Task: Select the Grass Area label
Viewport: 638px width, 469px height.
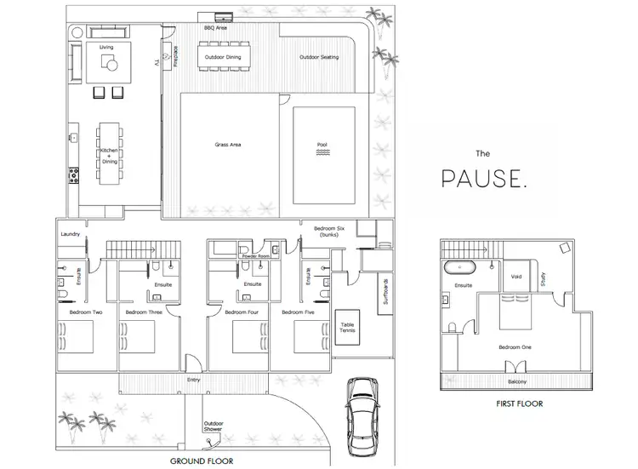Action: pyautogui.click(x=228, y=145)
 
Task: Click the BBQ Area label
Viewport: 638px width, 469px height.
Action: pyautogui.click(x=215, y=28)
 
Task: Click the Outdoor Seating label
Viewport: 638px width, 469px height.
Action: pyautogui.click(x=319, y=58)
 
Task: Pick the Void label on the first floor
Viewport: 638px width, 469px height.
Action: pyautogui.click(x=516, y=277)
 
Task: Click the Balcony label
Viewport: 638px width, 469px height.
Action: pyautogui.click(x=517, y=382)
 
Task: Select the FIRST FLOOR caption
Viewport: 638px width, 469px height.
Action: pyautogui.click(x=517, y=404)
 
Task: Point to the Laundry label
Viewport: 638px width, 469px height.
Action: pyautogui.click(x=70, y=234)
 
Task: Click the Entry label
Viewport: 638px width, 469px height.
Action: pyautogui.click(x=193, y=380)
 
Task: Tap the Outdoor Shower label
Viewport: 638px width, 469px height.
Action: pyautogui.click(x=213, y=427)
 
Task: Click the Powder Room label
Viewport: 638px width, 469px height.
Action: pyautogui.click(x=255, y=255)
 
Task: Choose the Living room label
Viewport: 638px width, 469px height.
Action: pyautogui.click(x=106, y=48)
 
